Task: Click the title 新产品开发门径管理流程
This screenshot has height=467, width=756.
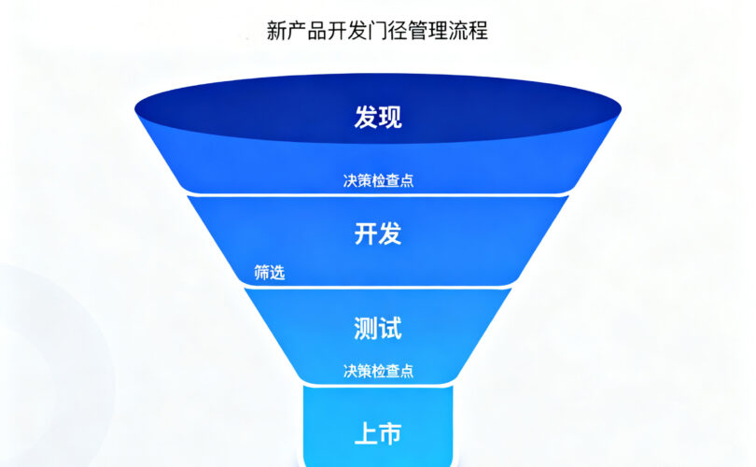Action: [377, 32]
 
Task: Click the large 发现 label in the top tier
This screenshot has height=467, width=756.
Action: [378, 118]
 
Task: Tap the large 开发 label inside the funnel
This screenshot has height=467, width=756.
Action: [378, 233]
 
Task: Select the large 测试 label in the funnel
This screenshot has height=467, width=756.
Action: [378, 328]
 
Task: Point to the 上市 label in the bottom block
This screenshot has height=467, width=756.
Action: [378, 434]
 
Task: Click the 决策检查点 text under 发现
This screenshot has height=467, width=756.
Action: [378, 181]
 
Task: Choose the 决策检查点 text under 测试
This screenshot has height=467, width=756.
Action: [378, 371]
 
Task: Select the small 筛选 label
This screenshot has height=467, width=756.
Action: [270, 274]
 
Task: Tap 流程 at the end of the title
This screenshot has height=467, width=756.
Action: [468, 32]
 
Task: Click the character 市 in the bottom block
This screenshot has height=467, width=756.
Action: [390, 434]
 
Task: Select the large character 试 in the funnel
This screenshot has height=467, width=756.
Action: [390, 328]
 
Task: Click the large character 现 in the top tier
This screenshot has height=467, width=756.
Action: [390, 118]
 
